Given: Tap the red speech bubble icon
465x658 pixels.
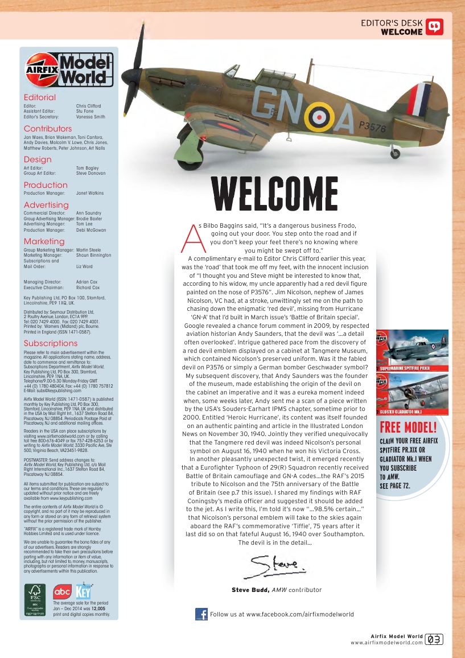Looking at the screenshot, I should click(x=434, y=27).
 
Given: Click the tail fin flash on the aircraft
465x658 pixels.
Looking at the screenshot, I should click(x=419, y=98).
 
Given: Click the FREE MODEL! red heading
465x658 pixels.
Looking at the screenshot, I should click(x=416, y=427).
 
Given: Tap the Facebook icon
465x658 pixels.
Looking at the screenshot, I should click(x=201, y=614).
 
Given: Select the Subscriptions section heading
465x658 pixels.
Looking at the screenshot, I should click(x=50, y=343).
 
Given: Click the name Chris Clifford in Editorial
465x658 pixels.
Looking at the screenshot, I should click(x=88, y=106).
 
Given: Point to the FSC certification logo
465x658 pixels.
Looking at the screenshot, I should click(x=36, y=601).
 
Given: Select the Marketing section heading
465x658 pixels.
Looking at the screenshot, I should click(x=44, y=241).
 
